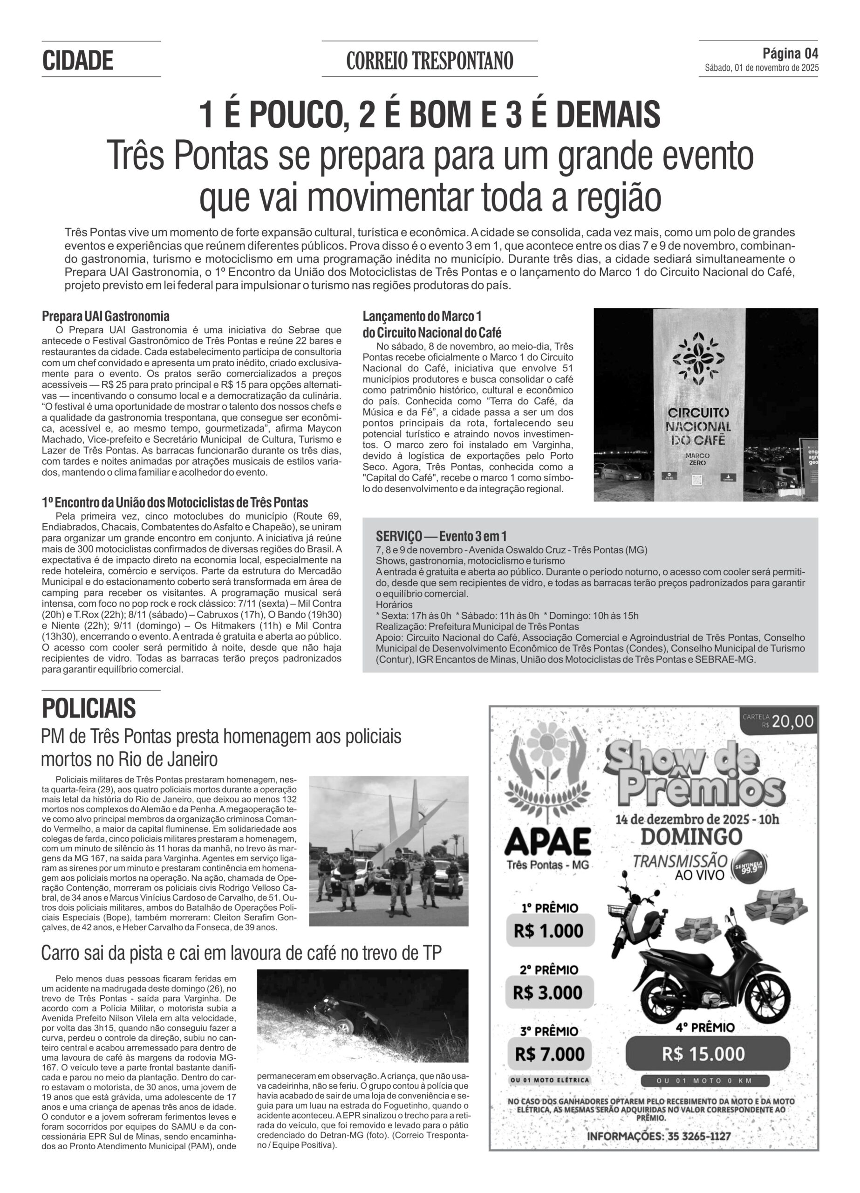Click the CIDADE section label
[x=78, y=61]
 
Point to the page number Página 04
[x=790, y=54]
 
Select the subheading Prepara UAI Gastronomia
[x=106, y=316]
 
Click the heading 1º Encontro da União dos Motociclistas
[x=175, y=502]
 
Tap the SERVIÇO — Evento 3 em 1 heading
[x=441, y=536]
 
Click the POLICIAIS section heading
[x=89, y=708]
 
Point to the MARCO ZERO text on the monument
[x=697, y=459]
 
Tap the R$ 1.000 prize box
[x=549, y=931]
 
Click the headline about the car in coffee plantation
[x=241, y=953]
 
